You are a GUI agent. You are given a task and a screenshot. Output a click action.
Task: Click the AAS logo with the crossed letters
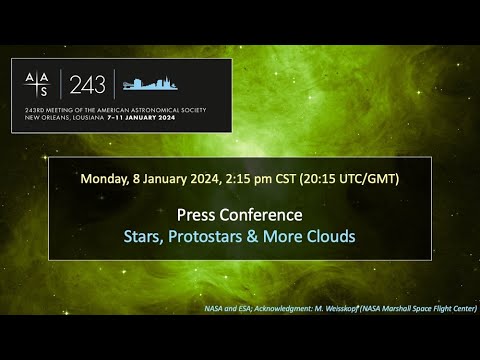tap(35, 84)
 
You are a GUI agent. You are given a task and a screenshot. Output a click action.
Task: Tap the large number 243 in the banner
tap(87, 84)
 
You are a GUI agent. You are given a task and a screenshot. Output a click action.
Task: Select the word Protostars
tap(205, 237)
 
